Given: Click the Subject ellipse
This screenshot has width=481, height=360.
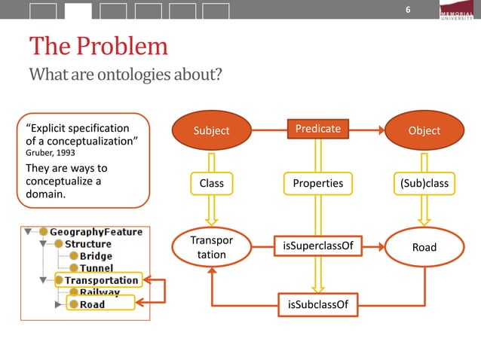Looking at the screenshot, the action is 211,130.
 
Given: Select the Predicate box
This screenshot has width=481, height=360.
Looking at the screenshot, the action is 317,129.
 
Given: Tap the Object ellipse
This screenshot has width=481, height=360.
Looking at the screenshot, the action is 424,130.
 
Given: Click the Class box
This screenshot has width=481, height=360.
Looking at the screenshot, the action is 211,183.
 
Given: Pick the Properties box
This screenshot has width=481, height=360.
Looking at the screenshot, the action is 317,183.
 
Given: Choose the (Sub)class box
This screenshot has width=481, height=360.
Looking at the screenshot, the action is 424,183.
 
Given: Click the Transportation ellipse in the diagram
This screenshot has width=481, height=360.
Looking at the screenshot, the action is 211,247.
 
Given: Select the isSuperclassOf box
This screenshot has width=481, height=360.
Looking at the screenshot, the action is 317,246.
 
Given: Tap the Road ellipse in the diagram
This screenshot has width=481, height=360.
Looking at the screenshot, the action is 424,247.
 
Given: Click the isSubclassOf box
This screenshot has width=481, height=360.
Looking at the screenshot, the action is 317,304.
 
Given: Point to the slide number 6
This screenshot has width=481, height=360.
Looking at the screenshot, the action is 408,10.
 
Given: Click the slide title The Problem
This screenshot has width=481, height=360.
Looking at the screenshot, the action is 99,47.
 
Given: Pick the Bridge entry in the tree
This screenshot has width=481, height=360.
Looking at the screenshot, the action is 91,256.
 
